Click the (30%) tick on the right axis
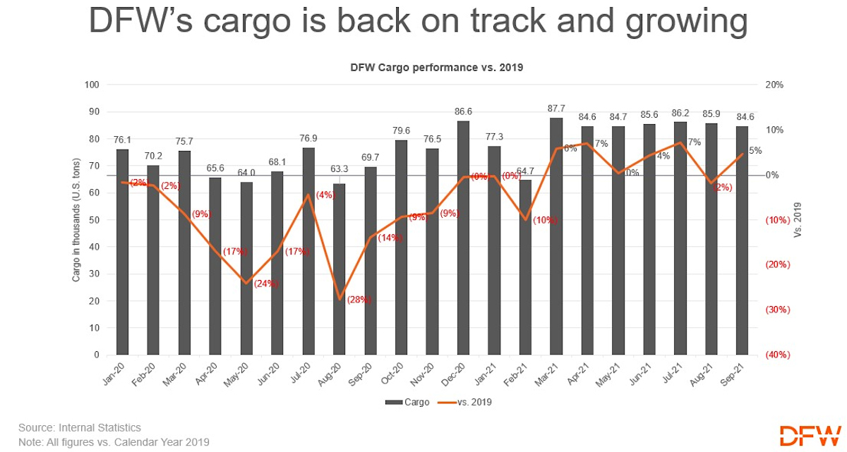point(779,310)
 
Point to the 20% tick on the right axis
point(774,85)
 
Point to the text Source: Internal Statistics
point(80,427)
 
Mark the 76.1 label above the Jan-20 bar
point(123,139)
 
